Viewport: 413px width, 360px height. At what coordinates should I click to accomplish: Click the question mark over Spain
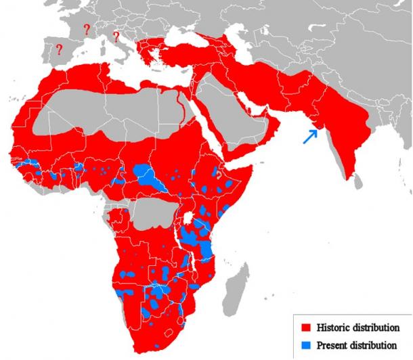pos(60,49)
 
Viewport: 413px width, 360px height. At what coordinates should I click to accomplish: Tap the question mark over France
pos(86,29)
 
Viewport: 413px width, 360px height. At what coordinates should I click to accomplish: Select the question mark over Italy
pos(116,36)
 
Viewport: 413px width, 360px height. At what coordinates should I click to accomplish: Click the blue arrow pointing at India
pos(309,136)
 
